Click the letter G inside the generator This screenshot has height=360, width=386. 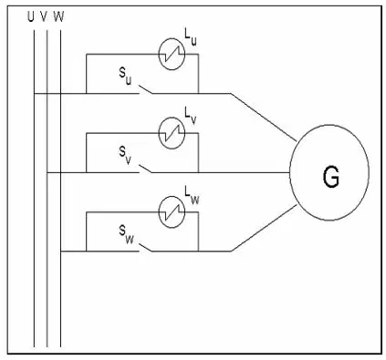pyautogui.click(x=330, y=177)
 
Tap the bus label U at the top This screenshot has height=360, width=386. pyautogui.click(x=30, y=17)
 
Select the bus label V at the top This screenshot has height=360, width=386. pyautogui.click(x=44, y=17)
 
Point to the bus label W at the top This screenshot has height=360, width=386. pyautogui.click(x=58, y=17)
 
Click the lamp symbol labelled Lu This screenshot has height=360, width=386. pyautogui.click(x=172, y=54)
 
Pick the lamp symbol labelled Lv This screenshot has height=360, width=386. pyautogui.click(x=172, y=133)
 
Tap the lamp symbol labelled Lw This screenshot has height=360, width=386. pyautogui.click(x=172, y=212)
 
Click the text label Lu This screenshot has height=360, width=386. pyautogui.click(x=191, y=36)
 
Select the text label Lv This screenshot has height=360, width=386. pyautogui.click(x=191, y=116)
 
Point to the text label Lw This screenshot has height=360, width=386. pyautogui.click(x=192, y=194)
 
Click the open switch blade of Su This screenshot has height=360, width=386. pyautogui.click(x=146, y=89)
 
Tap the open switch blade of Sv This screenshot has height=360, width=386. pyautogui.click(x=146, y=169)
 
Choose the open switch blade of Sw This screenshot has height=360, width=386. pyautogui.click(x=146, y=247)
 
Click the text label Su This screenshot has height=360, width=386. pyautogui.click(x=125, y=77)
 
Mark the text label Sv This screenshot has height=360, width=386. pyautogui.click(x=125, y=156)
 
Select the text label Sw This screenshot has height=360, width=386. pyautogui.click(x=126, y=235)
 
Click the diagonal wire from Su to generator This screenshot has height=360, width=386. pyautogui.click(x=263, y=118)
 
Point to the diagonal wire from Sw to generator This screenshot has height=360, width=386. pyautogui.click(x=264, y=228)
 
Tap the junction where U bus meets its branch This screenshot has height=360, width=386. pyautogui.click(x=34, y=94)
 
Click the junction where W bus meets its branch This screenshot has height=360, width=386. pyautogui.click(x=61, y=252)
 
